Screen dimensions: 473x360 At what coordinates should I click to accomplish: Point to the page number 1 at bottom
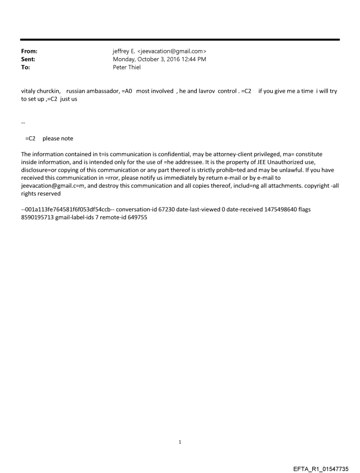pos(180,442)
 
